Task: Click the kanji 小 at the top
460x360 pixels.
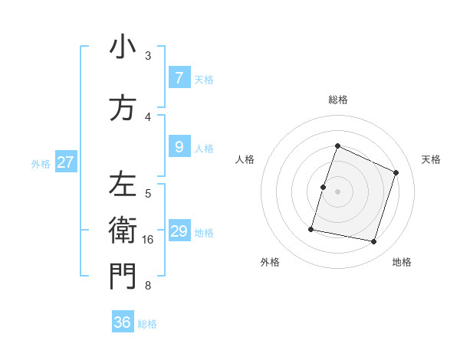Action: click(123, 49)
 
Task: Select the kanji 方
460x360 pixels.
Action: click(123, 109)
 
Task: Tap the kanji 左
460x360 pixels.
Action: click(123, 185)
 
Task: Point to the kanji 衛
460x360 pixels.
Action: click(123, 230)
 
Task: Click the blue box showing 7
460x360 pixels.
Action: click(179, 78)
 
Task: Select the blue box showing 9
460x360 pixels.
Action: click(179, 146)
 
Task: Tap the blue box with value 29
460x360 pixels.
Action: click(179, 231)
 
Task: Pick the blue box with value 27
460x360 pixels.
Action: click(66, 162)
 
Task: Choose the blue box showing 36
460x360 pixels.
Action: click(123, 322)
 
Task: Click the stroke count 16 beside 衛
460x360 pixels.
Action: click(149, 240)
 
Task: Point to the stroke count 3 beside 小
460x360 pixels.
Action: click(148, 56)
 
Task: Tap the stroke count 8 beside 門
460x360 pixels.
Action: click(148, 286)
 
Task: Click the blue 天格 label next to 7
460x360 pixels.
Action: click(204, 80)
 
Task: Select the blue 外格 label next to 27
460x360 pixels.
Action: click(41, 163)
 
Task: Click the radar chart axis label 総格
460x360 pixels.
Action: click(338, 100)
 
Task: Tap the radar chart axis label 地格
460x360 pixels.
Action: click(402, 262)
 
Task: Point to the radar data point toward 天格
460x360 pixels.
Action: click(396, 172)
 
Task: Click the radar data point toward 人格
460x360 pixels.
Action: click(323, 187)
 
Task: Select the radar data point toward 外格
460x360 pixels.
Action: click(311, 229)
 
